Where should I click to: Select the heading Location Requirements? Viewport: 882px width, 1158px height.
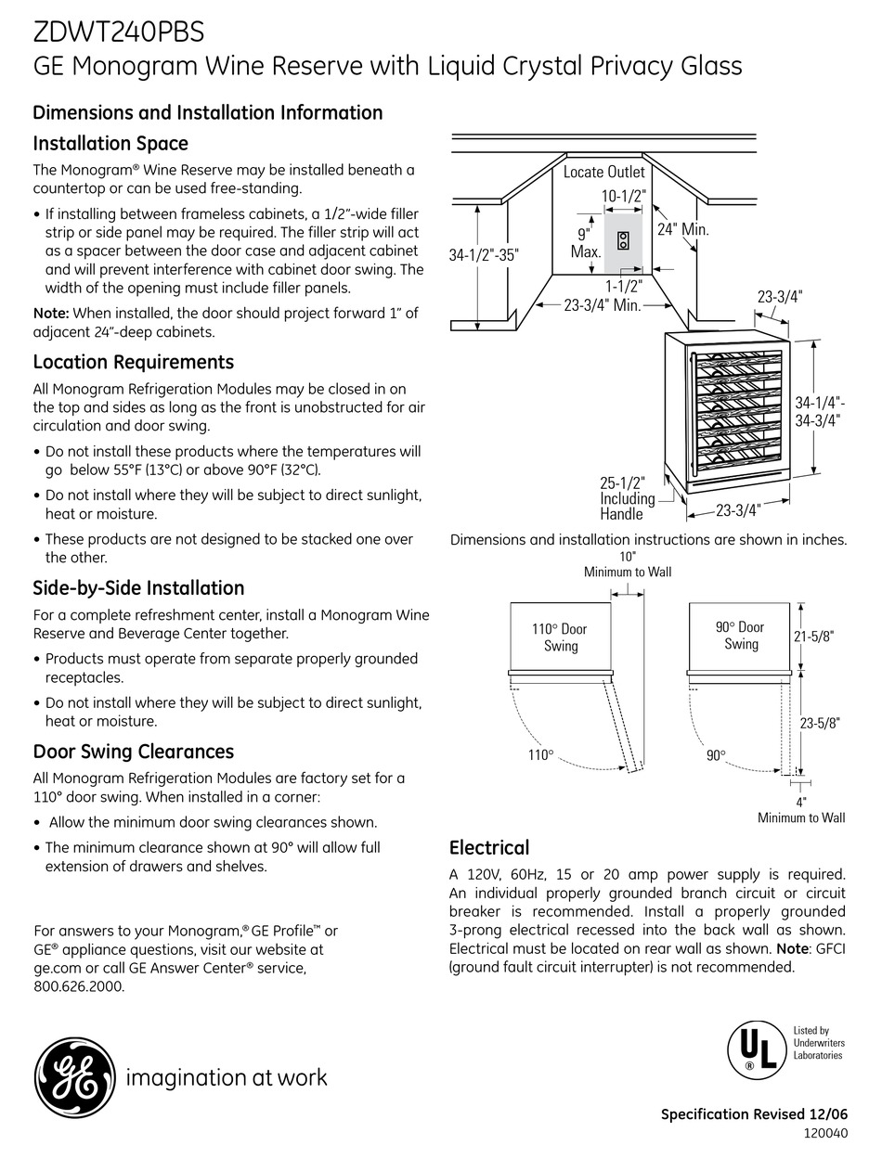click(x=133, y=362)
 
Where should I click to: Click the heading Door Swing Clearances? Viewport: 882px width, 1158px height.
click(x=133, y=752)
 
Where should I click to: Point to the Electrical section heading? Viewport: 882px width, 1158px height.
click(x=489, y=847)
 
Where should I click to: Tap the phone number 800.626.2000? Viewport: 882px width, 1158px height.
click(x=78, y=986)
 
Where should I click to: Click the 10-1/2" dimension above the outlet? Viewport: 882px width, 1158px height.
click(x=622, y=196)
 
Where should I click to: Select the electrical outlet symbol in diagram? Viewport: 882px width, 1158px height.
click(x=623, y=239)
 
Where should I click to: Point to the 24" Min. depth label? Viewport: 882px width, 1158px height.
click(x=683, y=229)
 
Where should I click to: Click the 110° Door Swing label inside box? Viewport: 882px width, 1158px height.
click(x=560, y=637)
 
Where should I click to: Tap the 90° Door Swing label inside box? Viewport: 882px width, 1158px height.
click(x=740, y=636)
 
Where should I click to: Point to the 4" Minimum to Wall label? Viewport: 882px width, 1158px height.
click(x=801, y=810)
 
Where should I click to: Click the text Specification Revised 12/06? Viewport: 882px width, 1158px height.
click(x=753, y=1115)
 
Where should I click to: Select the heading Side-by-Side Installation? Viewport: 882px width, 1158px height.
click(x=138, y=588)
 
